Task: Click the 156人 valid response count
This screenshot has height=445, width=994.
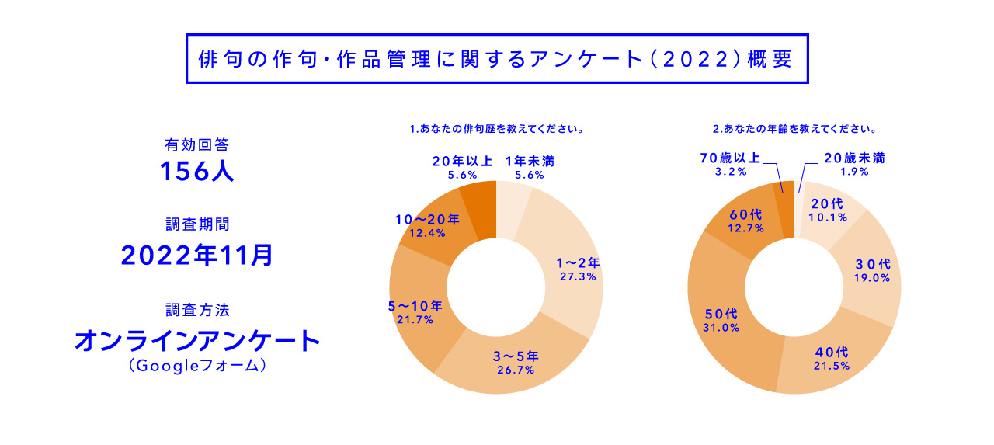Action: point(197,172)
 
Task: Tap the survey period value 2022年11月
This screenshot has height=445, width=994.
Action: point(197,255)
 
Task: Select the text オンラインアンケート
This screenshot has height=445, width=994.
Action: point(197,340)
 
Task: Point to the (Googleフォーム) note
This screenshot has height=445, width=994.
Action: point(197,365)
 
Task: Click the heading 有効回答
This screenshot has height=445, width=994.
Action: point(197,144)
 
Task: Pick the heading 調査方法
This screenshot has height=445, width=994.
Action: point(197,310)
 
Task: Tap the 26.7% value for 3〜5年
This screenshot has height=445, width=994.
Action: point(516,370)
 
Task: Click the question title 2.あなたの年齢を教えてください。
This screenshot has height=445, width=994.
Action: point(794,128)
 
